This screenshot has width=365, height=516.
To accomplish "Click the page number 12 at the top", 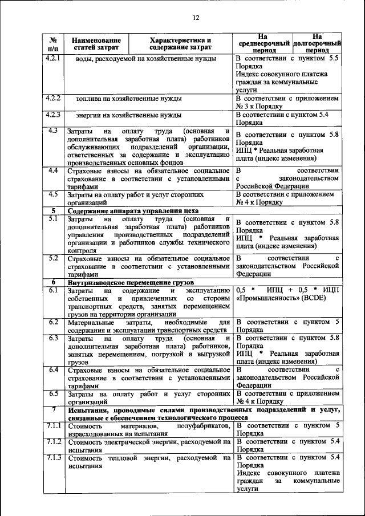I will coord(195,18).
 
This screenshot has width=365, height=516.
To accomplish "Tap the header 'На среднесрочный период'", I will coord(262,43).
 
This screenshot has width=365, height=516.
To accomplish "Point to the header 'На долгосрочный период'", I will coord(317,43).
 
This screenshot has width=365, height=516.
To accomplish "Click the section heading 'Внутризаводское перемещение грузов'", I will coord(131,282).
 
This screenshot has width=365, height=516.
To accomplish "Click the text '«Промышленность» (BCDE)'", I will coord(279,299).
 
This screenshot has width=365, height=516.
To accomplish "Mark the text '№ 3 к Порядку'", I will coord(259,107).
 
